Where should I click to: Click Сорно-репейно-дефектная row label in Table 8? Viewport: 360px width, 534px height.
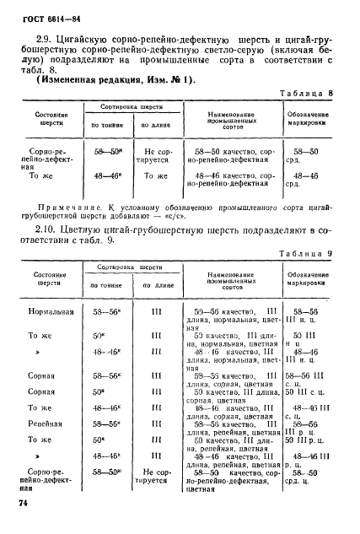(x=51, y=159)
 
